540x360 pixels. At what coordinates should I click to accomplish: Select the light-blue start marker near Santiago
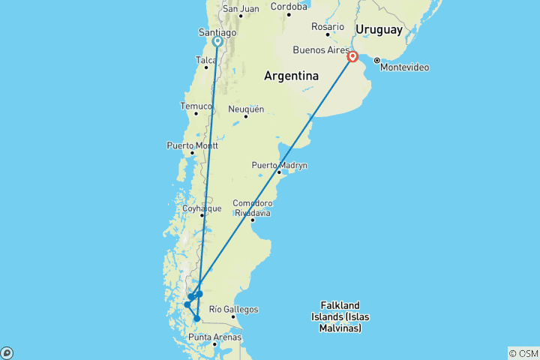point(217,42)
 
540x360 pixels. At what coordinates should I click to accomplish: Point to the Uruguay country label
point(379,29)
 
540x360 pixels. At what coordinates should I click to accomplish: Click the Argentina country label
point(291,76)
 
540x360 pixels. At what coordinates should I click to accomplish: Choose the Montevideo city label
point(404,67)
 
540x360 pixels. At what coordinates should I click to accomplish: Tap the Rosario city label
point(328,26)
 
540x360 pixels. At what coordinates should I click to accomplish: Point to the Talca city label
point(205,60)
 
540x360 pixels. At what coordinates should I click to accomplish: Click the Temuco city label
point(196,106)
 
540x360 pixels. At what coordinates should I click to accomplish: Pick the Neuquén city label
point(246,109)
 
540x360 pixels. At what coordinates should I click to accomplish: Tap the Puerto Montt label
point(190,145)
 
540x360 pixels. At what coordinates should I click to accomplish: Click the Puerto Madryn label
point(279,165)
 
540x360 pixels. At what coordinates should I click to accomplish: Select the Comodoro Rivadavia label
point(252,208)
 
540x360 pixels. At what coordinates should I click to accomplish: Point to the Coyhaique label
point(202,208)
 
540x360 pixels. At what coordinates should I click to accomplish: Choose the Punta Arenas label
point(214,337)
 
